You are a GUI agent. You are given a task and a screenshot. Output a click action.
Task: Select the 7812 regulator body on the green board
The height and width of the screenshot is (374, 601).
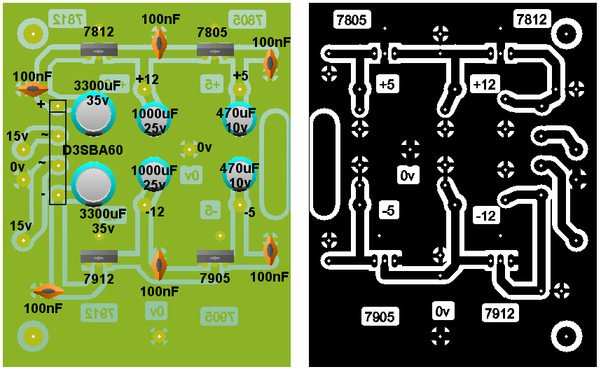[x=98, y=50]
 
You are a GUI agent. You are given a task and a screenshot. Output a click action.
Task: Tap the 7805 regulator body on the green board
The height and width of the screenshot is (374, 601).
[x=215, y=50]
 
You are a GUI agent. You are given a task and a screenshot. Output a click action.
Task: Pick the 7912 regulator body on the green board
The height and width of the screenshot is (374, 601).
[x=98, y=258]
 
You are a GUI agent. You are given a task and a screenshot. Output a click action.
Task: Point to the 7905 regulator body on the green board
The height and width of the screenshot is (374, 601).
[x=215, y=258]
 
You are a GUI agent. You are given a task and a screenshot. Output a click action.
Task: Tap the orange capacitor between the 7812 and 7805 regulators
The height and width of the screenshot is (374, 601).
[x=160, y=43]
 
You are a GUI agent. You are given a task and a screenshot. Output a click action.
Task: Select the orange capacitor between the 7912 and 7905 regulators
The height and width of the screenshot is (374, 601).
[x=160, y=265]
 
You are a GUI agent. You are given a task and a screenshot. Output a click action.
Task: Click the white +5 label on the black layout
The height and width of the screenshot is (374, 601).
[x=386, y=84]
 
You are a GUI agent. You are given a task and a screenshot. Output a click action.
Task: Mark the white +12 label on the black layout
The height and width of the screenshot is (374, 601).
[x=484, y=84]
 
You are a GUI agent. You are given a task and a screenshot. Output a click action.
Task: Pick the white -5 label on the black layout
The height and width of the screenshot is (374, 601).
[x=389, y=209]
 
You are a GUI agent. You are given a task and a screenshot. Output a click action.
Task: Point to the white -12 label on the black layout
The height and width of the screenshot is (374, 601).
[x=485, y=216]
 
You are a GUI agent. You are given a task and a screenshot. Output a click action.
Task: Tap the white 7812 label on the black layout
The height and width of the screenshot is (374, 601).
[x=532, y=20]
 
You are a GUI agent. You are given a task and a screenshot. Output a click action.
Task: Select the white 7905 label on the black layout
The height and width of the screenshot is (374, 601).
[x=379, y=317]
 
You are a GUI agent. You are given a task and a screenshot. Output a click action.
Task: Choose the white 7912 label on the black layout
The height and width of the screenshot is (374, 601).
[x=500, y=313]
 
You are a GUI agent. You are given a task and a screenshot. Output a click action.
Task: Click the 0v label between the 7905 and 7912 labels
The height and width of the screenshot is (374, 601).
[x=442, y=311]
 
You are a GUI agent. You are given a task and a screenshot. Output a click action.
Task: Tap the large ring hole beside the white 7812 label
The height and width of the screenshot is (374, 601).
[x=567, y=33]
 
